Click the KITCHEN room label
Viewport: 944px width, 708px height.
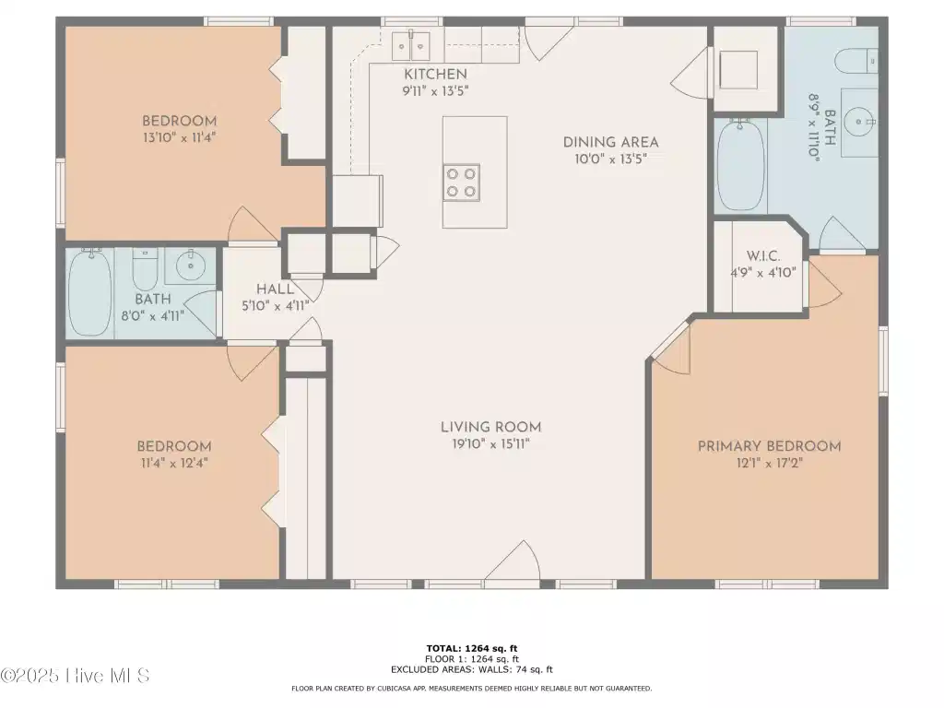pos(435,74)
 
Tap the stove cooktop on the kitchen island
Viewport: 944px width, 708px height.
pos(462,183)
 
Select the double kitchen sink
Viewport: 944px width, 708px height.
pos(410,46)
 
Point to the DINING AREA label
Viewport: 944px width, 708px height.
pos(610,143)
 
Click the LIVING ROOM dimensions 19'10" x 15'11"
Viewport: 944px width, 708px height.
pos(490,444)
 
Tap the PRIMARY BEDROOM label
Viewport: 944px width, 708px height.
pos(770,446)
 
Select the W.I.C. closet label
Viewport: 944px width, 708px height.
pos(763,256)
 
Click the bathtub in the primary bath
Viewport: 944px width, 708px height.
pos(742,164)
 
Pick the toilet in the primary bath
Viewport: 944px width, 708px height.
pos(856,61)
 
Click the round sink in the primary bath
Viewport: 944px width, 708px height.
pos(859,123)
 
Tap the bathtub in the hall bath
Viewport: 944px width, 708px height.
pos(89,292)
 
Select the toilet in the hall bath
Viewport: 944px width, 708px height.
pos(145,270)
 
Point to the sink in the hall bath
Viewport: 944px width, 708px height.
pos(190,265)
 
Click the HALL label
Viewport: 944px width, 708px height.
pos(275,289)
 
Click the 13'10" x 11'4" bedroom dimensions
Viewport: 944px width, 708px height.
pos(180,138)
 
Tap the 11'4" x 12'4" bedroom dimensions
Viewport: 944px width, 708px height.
pos(173,463)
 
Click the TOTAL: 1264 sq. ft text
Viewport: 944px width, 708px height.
pos(472,648)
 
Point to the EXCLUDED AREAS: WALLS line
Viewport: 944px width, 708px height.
pos(472,669)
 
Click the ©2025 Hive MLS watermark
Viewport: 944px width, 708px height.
pos(75,676)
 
